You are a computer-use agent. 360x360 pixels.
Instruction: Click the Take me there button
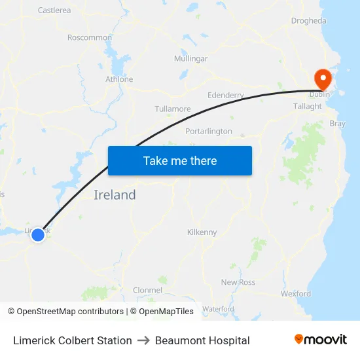pyautogui.click(x=180, y=160)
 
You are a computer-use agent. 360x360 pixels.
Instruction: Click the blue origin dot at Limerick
pyautogui.click(x=38, y=234)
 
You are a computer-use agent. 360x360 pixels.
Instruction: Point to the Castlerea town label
pyautogui.click(x=54, y=10)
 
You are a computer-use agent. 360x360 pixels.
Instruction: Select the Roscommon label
pyautogui.click(x=90, y=37)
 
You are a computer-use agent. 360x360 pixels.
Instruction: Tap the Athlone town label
pyautogui.click(x=119, y=79)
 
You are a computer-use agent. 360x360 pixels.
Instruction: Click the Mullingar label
pyautogui.click(x=190, y=59)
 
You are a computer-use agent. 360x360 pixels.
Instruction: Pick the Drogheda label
pyautogui.click(x=308, y=21)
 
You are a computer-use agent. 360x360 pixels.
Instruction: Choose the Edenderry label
pyautogui.click(x=225, y=96)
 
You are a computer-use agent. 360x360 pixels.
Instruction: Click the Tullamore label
pyautogui.click(x=173, y=109)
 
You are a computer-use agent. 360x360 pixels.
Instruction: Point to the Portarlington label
pyautogui.click(x=209, y=131)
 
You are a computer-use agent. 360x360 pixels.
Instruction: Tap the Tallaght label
pyautogui.click(x=308, y=106)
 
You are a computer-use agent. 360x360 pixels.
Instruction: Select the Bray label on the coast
pyautogui.click(x=338, y=123)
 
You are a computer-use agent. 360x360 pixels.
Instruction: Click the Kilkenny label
pyautogui.click(x=202, y=232)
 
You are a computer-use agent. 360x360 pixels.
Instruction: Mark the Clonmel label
pyautogui.click(x=147, y=289)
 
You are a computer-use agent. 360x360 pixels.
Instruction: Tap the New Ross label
pyautogui.click(x=238, y=282)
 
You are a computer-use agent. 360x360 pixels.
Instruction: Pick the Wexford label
pyautogui.click(x=296, y=294)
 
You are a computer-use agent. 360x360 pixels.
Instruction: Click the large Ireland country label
pyautogui.click(x=115, y=194)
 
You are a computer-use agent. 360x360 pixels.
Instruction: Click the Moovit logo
pyautogui.click(x=320, y=340)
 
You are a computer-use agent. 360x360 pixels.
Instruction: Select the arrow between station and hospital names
pyautogui.click(x=143, y=340)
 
